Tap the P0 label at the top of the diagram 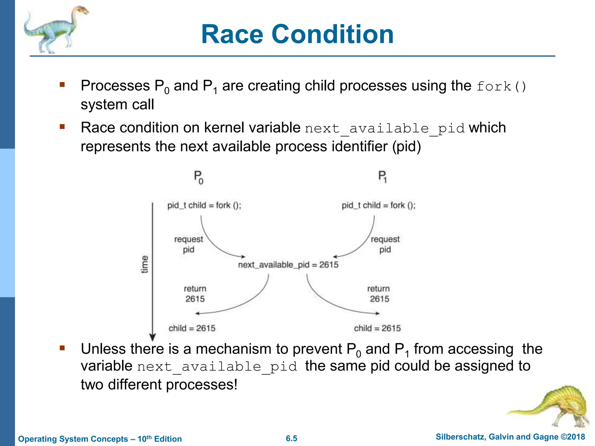click(x=198, y=177)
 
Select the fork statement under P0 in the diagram click(x=204, y=205)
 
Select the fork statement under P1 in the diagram click(x=378, y=205)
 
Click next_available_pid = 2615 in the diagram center click(x=288, y=265)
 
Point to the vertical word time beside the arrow click(x=144, y=264)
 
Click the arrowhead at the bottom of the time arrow click(x=153, y=337)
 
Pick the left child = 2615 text click(x=192, y=328)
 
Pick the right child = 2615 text click(x=377, y=328)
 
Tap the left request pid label click(x=189, y=244)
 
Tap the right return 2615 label click(x=379, y=294)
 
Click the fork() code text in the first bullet click(x=501, y=87)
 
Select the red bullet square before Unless click(x=62, y=348)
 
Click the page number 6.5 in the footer click(x=291, y=438)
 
